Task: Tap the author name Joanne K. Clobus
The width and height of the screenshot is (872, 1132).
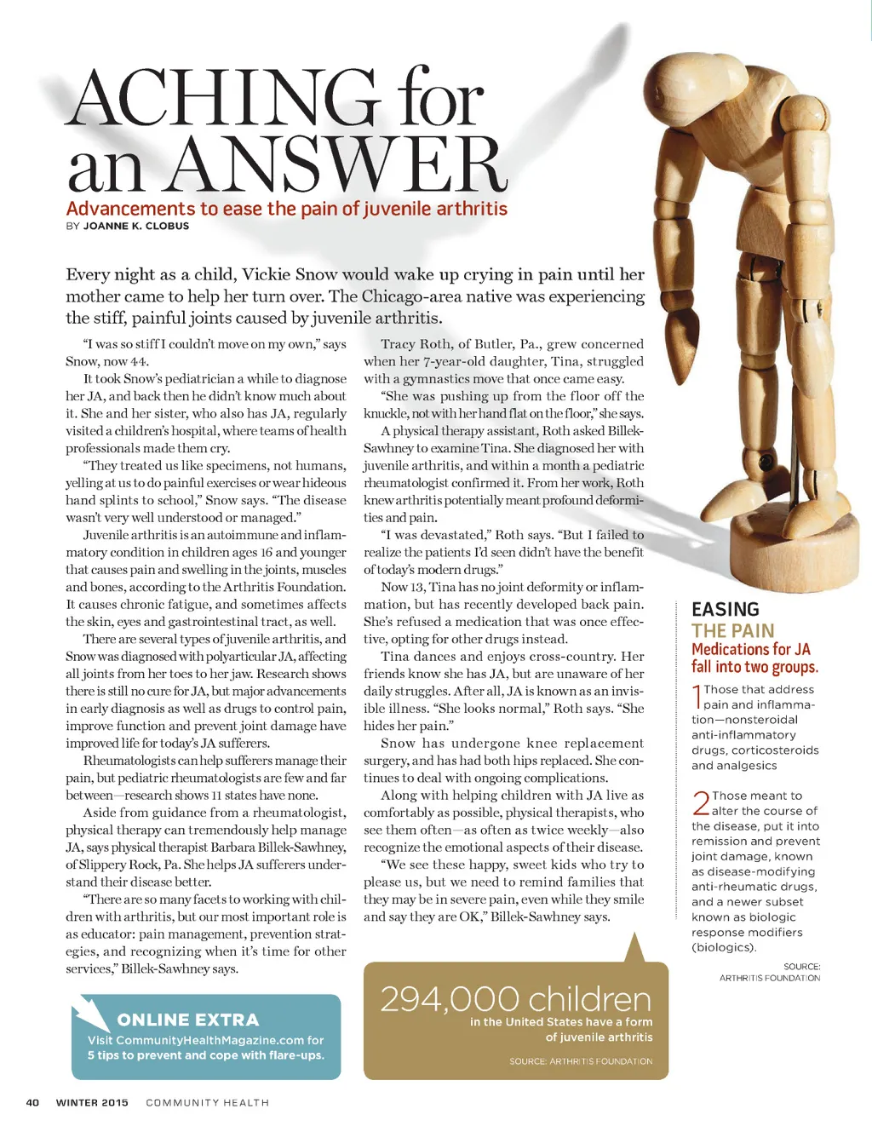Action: (x=136, y=226)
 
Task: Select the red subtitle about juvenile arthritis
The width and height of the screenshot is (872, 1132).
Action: (x=286, y=209)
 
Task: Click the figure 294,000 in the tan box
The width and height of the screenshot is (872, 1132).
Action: (x=449, y=999)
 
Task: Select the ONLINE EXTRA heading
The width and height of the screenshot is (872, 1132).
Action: (x=187, y=1020)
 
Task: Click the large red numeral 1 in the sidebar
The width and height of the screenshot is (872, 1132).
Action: (x=697, y=697)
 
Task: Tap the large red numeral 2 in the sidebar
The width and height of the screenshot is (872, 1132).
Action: (x=700, y=802)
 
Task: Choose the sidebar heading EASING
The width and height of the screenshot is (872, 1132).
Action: (x=725, y=609)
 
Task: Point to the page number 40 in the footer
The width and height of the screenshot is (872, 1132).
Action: (x=32, y=1102)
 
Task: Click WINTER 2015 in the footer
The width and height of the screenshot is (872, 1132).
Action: (x=92, y=1102)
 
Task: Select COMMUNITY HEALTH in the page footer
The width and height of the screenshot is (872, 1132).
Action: (x=207, y=1102)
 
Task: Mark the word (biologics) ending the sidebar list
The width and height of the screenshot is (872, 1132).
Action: (x=724, y=947)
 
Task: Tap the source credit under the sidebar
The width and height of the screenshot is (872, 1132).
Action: (x=770, y=973)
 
